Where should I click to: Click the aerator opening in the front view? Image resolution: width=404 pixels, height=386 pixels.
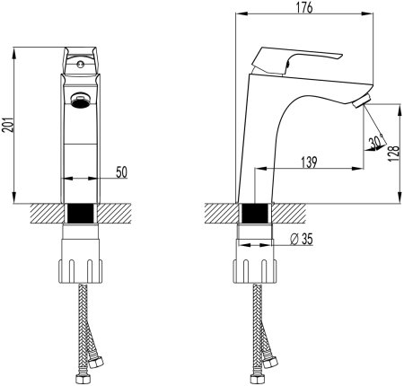click(x=79, y=100)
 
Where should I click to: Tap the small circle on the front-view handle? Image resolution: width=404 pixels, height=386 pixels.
click(x=79, y=65)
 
